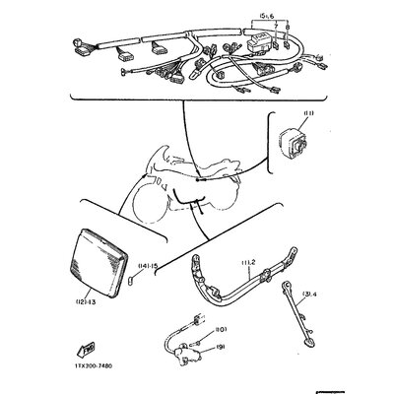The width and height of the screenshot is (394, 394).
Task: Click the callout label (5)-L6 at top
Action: pyautogui.click(x=266, y=16)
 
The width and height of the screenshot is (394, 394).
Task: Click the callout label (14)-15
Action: pyautogui.click(x=149, y=265)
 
